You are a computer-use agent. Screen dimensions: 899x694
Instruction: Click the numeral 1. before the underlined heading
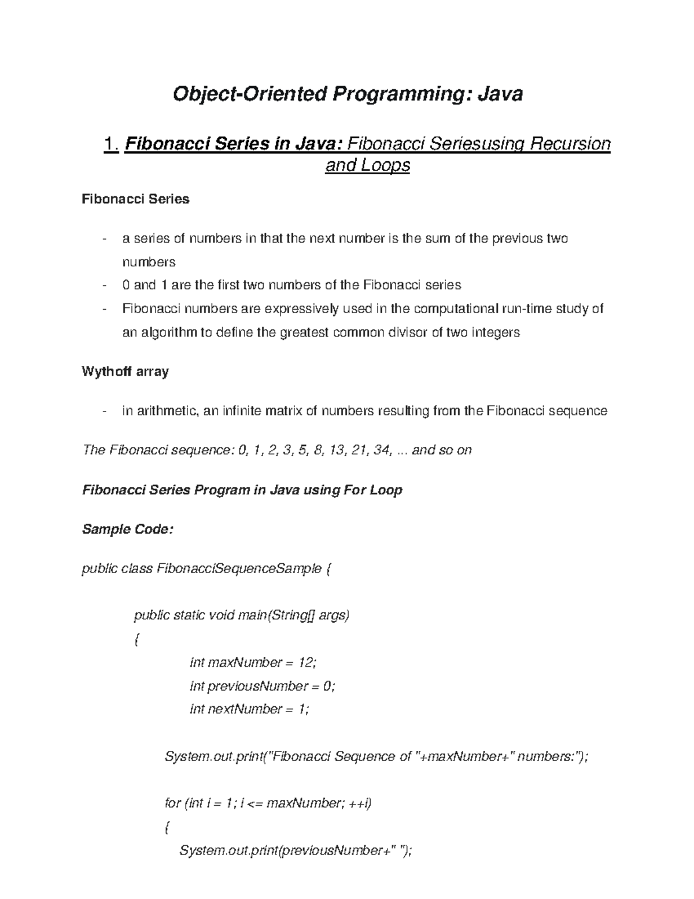click(110, 143)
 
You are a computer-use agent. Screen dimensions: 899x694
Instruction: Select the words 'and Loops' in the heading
click(368, 166)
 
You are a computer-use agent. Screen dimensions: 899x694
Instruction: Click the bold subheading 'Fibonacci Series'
click(136, 199)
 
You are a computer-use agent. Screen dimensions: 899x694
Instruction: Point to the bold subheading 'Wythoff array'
click(125, 372)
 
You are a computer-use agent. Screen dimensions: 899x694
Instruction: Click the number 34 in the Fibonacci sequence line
click(381, 450)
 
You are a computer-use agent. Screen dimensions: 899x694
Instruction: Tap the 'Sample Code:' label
click(128, 529)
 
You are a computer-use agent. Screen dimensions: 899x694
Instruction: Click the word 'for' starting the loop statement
click(173, 803)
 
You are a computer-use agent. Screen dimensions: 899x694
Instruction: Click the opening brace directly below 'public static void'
click(136, 640)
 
